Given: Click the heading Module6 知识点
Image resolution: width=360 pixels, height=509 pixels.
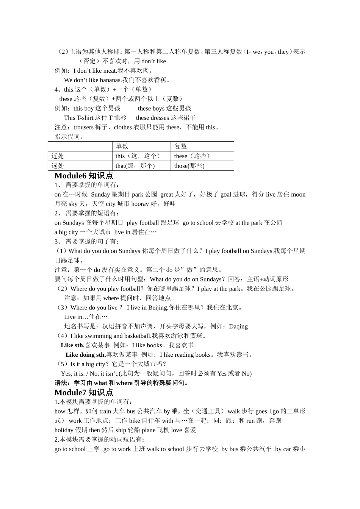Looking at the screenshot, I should [x=84, y=176].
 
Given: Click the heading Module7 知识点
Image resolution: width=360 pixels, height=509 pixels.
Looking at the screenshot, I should [x=84, y=393].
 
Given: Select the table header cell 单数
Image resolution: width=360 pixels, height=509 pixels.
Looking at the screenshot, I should [x=122, y=147].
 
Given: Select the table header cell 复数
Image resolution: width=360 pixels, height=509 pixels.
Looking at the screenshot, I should [x=181, y=147].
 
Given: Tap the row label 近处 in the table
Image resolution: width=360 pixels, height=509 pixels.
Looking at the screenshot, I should [x=58, y=156].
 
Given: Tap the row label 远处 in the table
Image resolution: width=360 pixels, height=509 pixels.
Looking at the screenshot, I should [x=58, y=166].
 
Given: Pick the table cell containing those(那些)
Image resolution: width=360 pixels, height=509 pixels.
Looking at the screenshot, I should [x=189, y=166].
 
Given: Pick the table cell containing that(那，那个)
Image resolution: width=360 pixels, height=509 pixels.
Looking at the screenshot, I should [x=135, y=166].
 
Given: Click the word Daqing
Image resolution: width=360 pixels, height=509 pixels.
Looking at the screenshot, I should [x=238, y=326].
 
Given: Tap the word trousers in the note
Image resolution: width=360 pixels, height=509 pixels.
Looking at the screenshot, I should [x=83, y=127].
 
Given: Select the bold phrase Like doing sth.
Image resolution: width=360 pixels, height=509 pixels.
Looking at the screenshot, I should [x=86, y=355].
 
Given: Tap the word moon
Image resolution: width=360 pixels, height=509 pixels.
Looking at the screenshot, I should [x=298, y=195].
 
